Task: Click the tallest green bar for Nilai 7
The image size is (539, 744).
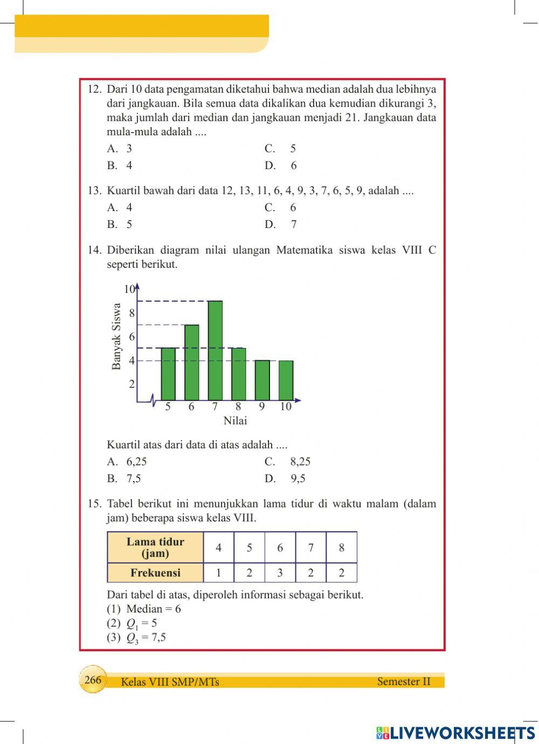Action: coord(215,350)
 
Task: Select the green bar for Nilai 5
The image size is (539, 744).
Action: coord(168,374)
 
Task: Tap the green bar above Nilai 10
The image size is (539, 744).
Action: coord(286,380)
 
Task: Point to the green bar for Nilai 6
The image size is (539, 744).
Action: coord(191,362)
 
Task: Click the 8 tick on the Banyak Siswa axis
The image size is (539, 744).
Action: coord(132,313)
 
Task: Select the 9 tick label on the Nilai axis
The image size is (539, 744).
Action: coord(262,407)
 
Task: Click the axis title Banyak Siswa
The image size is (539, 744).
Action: coord(116,337)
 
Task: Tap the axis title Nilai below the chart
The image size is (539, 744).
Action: coord(235,421)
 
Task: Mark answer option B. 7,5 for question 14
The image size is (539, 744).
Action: coord(125,478)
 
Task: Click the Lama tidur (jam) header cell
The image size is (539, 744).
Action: coord(155,548)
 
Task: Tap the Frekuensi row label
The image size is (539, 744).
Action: coord(155,573)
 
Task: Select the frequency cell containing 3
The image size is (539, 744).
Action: coord(280,573)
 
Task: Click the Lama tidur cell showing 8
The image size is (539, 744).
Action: coord(341,548)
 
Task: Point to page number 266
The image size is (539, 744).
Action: coord(93,680)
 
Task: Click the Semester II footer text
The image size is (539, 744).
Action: coord(404,682)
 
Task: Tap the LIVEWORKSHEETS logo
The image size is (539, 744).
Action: coord(455,733)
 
